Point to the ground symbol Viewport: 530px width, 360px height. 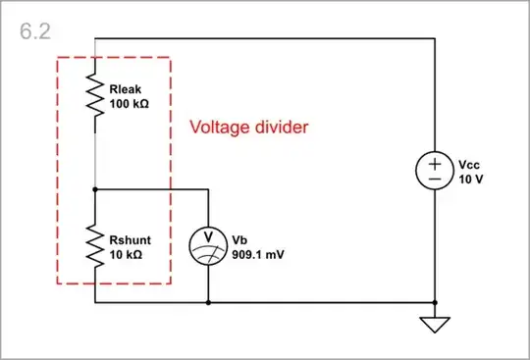(x=434, y=325)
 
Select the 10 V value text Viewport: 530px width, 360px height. (x=469, y=180)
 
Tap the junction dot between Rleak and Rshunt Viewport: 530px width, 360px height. (x=94, y=188)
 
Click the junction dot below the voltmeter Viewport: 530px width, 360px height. (x=208, y=302)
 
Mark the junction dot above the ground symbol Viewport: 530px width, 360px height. (x=434, y=302)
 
